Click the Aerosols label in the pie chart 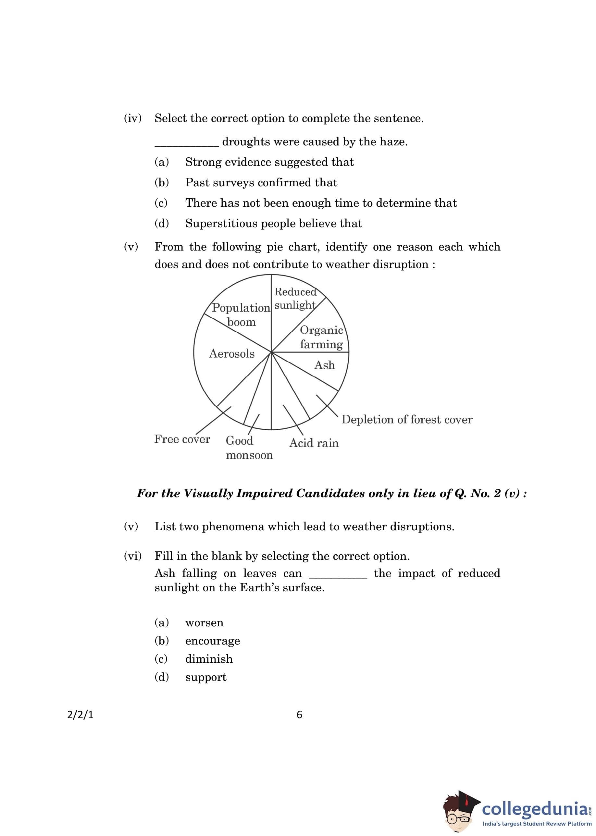click(231, 354)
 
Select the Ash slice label click(324, 365)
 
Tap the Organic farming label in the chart click(321, 337)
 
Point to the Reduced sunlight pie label click(295, 299)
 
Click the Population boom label click(241, 315)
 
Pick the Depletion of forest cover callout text click(407, 420)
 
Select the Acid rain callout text click(314, 443)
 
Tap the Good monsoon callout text click(249, 448)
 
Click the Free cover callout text click(182, 439)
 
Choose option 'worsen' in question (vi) click(204, 623)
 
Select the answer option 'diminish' click(209, 659)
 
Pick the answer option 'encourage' click(213, 641)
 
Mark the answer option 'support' click(205, 677)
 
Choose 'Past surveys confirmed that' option click(261, 183)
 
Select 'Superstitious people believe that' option click(273, 223)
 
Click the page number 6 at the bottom click(299, 715)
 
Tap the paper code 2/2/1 click(81, 715)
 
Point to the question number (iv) click(132, 118)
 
